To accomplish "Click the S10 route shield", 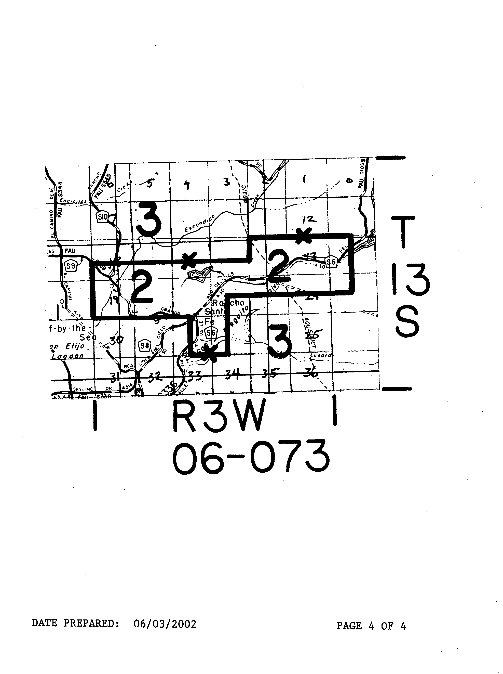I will click(102, 217).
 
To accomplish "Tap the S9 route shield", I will click(71, 266).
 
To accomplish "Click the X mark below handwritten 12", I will click(302, 237).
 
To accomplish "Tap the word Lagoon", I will click(67, 356).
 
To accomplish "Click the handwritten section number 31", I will click(115, 378).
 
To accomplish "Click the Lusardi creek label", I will click(321, 355).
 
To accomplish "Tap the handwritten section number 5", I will click(149, 184).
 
